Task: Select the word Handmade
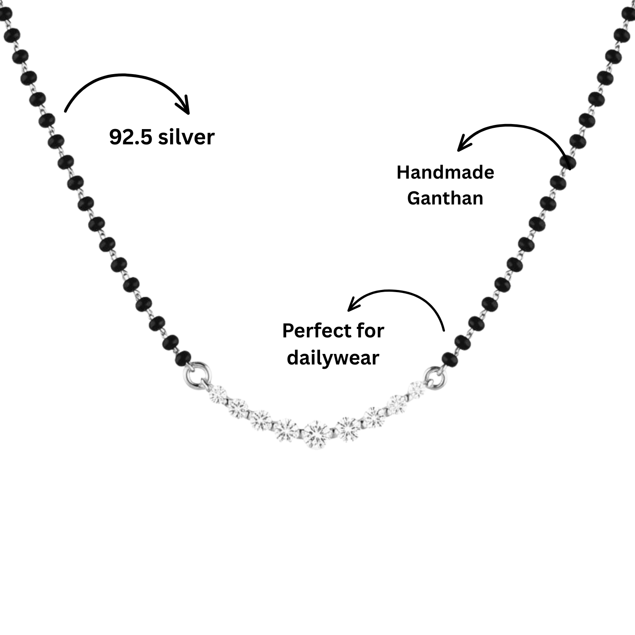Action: pyautogui.click(x=445, y=172)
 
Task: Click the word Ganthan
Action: pyautogui.click(x=445, y=198)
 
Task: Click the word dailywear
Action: pyautogui.click(x=333, y=358)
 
